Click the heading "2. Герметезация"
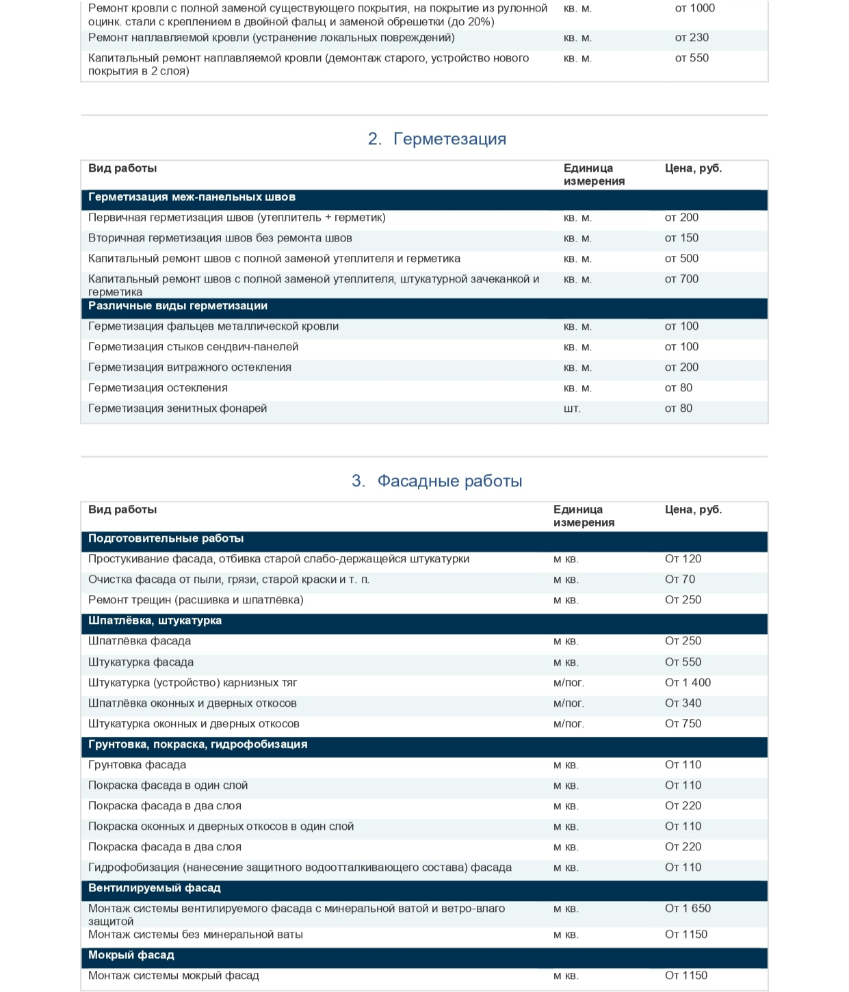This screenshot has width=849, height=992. [436, 139]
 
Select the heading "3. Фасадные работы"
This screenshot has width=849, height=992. [436, 481]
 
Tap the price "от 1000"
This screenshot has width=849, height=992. [694, 8]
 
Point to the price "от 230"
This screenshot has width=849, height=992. [692, 38]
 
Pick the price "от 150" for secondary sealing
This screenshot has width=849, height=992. [681, 238]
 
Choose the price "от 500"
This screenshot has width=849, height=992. [681, 259]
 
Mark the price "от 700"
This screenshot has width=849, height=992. [681, 279]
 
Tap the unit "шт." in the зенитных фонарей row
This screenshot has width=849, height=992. [572, 408]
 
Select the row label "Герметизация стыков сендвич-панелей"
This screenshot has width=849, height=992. [193, 347]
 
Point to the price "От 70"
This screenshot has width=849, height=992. [680, 579]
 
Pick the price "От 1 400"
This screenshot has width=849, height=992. [688, 683]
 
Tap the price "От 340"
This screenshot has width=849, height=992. [683, 703]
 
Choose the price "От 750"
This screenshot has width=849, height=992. [683, 724]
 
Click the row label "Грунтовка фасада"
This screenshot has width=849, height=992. [137, 765]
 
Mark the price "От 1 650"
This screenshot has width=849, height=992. [688, 909]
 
